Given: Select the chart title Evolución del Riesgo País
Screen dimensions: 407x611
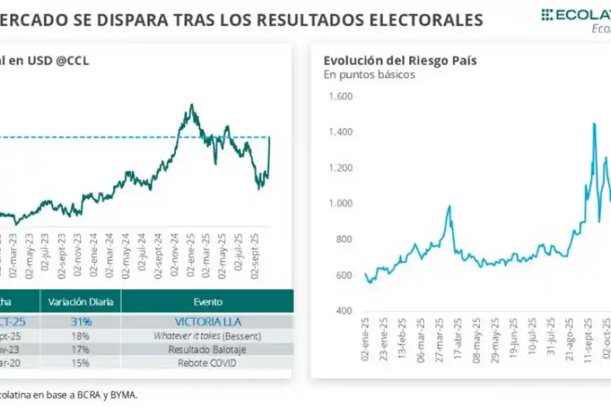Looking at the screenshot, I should (x=400, y=60).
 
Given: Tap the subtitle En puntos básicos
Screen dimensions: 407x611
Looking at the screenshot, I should (x=369, y=75).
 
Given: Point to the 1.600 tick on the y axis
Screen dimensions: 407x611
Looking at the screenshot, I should (x=341, y=96).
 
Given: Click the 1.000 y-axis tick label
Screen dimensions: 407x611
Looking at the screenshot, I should (x=341, y=203).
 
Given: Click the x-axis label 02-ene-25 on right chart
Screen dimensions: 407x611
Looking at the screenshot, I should (x=367, y=339).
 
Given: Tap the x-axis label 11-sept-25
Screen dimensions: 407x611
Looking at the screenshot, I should (x=589, y=339).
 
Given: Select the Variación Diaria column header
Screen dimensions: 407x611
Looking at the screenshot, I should (x=80, y=302).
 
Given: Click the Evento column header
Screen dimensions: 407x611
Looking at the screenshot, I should (x=207, y=302).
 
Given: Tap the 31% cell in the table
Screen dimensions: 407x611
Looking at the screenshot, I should (x=80, y=322).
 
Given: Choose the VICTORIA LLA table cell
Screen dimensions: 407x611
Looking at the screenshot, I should (x=207, y=322).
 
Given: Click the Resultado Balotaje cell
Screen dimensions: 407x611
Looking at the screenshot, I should (x=207, y=349).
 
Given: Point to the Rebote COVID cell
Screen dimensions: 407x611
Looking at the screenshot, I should (x=207, y=362).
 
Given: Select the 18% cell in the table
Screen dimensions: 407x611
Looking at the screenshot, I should (x=80, y=336).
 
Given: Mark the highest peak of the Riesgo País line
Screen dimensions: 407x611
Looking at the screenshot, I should (x=594, y=123).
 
